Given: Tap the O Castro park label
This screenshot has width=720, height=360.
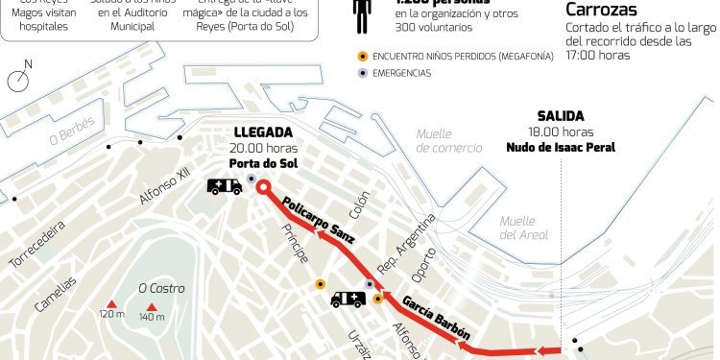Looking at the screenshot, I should [160, 287].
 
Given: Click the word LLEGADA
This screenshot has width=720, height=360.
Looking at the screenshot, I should [263, 132].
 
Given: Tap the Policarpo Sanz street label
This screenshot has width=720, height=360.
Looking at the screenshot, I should [319, 220].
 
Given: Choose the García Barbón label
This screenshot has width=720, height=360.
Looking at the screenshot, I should [435, 316].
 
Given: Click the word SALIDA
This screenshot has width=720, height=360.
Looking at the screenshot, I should [561, 115].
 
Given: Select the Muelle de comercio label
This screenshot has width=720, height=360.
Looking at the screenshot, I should [449, 140].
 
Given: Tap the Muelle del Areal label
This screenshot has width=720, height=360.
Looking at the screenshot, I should [523, 228].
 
